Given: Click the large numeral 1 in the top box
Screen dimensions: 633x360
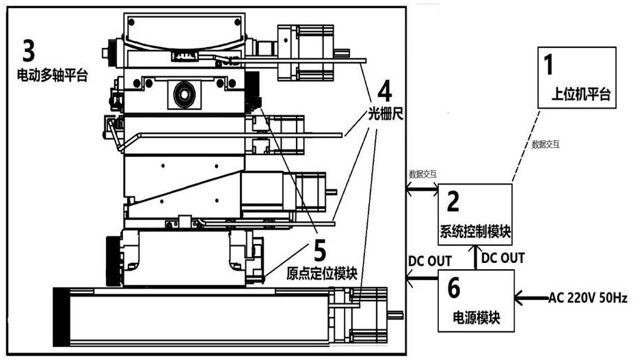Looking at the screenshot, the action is (548, 65).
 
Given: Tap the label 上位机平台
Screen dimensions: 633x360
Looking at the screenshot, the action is (580, 94).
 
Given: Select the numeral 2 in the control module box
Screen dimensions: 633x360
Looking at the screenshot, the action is (453, 202).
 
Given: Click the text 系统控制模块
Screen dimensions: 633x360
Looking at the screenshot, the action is (475, 232).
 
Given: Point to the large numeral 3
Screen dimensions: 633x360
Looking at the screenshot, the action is (28, 51).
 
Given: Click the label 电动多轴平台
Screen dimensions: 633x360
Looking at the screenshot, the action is (52, 75).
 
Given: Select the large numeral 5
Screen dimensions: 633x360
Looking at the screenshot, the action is (320, 250).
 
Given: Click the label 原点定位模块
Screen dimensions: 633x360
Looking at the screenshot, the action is (322, 274).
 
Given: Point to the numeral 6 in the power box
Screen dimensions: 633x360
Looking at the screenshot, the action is (454, 288).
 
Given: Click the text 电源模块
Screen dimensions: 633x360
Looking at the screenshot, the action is (476, 318).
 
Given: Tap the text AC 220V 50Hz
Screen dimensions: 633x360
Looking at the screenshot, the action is (588, 298).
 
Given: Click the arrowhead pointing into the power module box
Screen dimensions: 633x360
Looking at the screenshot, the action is (518, 299).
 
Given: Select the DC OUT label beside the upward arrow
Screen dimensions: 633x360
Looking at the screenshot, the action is (503, 258).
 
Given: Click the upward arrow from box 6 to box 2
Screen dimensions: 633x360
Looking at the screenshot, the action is (474, 258).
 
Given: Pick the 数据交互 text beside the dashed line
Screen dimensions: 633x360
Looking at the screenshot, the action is (546, 145).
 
